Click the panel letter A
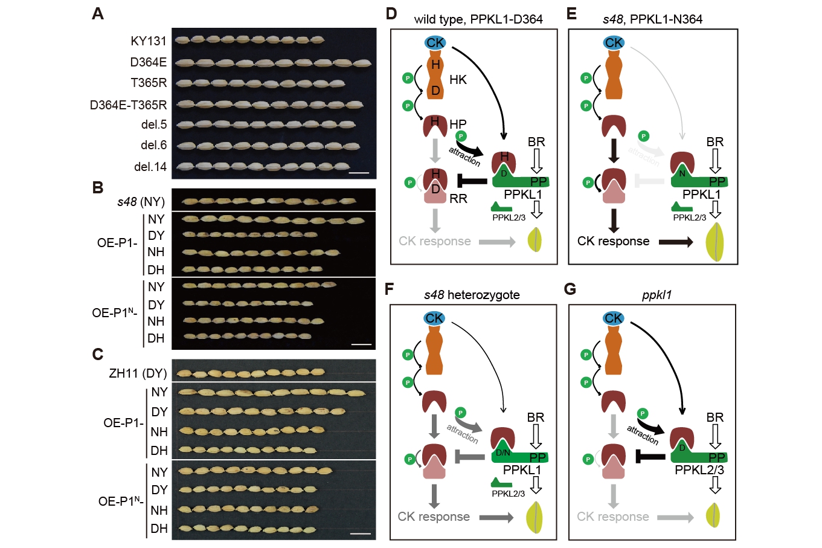click(x=98, y=13)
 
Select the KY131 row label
click(x=148, y=41)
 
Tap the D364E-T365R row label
click(x=128, y=105)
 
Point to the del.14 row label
click(x=150, y=167)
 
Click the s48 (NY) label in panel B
click(x=141, y=202)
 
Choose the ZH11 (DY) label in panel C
click(x=138, y=373)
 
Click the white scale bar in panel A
click(x=358, y=173)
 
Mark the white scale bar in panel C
click(x=361, y=534)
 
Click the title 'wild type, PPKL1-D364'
click(x=478, y=19)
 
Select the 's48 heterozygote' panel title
click(x=472, y=295)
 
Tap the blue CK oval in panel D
click(x=435, y=42)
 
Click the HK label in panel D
click(x=458, y=80)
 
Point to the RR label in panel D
click(x=458, y=198)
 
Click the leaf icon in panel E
click(x=715, y=242)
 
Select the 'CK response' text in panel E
click(x=613, y=241)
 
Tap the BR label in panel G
click(x=715, y=417)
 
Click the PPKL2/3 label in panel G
click(x=699, y=469)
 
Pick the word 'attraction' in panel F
click(x=462, y=434)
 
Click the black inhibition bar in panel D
click(x=472, y=181)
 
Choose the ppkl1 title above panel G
click(x=657, y=295)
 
